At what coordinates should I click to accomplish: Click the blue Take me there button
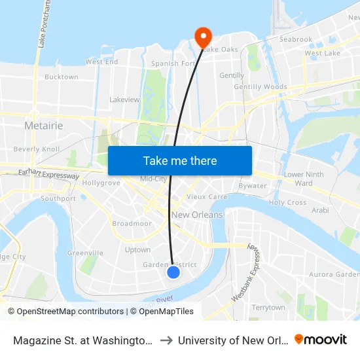(180, 161)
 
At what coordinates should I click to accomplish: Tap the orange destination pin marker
(202, 35)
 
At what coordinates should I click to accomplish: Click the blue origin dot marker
(173, 272)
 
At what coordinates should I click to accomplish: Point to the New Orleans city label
(197, 215)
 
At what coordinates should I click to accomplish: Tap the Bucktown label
(62, 77)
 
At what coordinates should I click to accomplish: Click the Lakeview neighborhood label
(124, 100)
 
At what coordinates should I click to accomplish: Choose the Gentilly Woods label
(261, 87)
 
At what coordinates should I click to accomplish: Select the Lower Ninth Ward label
(304, 179)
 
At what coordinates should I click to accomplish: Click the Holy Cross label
(287, 203)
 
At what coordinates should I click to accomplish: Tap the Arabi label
(320, 211)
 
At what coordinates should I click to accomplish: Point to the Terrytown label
(268, 308)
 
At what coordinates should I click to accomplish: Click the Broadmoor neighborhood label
(132, 224)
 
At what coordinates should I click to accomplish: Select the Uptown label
(137, 250)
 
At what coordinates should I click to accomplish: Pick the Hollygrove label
(101, 183)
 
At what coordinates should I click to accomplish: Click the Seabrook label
(296, 40)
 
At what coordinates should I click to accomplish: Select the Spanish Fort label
(173, 64)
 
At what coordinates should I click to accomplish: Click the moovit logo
(321, 340)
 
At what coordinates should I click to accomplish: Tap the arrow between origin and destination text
(166, 340)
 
